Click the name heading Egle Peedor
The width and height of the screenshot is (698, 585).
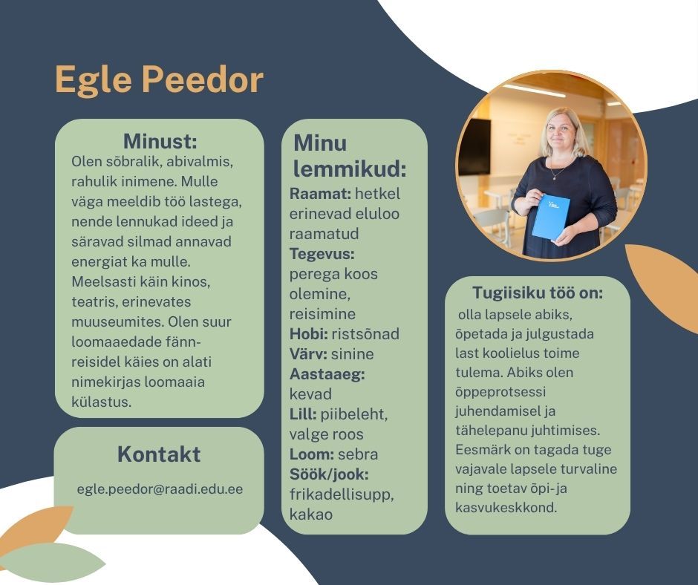pyautogui.click(x=159, y=80)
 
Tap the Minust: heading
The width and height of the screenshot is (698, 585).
pyautogui.click(x=160, y=141)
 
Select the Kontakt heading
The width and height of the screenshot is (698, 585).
pyautogui.click(x=159, y=454)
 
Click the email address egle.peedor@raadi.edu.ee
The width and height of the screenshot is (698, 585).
pyautogui.click(x=160, y=488)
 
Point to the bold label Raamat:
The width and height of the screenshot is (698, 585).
pyautogui.click(x=321, y=194)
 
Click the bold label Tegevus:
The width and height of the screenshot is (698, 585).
pyautogui.click(x=322, y=254)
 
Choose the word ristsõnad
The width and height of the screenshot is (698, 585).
pyautogui.click(x=365, y=334)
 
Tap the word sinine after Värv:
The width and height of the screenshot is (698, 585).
pyautogui.click(x=353, y=354)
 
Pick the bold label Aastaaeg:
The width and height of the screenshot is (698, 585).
pyautogui.click(x=327, y=374)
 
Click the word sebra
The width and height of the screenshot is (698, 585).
pyautogui.click(x=358, y=454)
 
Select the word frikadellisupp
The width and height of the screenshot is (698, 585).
pyautogui.click(x=342, y=494)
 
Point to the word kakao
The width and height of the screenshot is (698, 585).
pyautogui.click(x=310, y=514)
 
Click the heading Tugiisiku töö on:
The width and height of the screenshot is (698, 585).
pyautogui.click(x=538, y=293)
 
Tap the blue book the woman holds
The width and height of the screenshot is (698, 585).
pyautogui.click(x=551, y=217)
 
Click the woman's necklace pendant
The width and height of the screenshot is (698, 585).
pyautogui.click(x=555, y=177)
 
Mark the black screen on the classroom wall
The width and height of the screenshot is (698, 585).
pyautogui.click(x=474, y=146)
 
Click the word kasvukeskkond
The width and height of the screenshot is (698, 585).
pyautogui.click(x=506, y=508)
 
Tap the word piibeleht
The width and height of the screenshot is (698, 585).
pyautogui.click(x=354, y=414)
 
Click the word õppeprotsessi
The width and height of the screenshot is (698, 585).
pyautogui.click(x=500, y=392)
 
